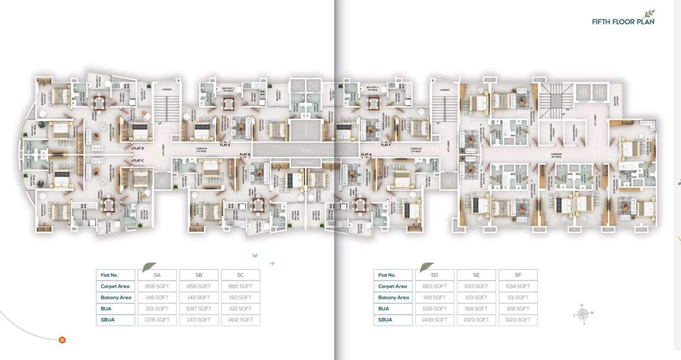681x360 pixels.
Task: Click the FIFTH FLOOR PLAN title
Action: tap(623, 22)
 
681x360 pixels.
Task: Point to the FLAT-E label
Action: tap(225, 145)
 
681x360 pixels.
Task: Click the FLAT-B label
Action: tap(245, 155)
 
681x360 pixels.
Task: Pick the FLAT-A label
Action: tap(366, 155)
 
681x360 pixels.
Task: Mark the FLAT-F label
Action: tap(386, 145)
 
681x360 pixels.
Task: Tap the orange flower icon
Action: tap(62, 340)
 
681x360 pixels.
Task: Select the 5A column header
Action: tap(157, 275)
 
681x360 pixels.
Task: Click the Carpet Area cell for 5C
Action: tap(241, 287)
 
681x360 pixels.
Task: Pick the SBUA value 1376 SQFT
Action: tap(157, 320)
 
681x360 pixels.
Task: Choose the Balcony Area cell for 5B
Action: tap(199, 297)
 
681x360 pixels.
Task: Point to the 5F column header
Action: tap(518, 275)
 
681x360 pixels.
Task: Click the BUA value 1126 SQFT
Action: tap(435, 308)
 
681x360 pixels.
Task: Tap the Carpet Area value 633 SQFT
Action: tap(477, 287)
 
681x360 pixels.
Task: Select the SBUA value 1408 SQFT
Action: tap(435, 320)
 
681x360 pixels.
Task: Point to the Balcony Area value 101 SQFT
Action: tap(518, 297)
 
